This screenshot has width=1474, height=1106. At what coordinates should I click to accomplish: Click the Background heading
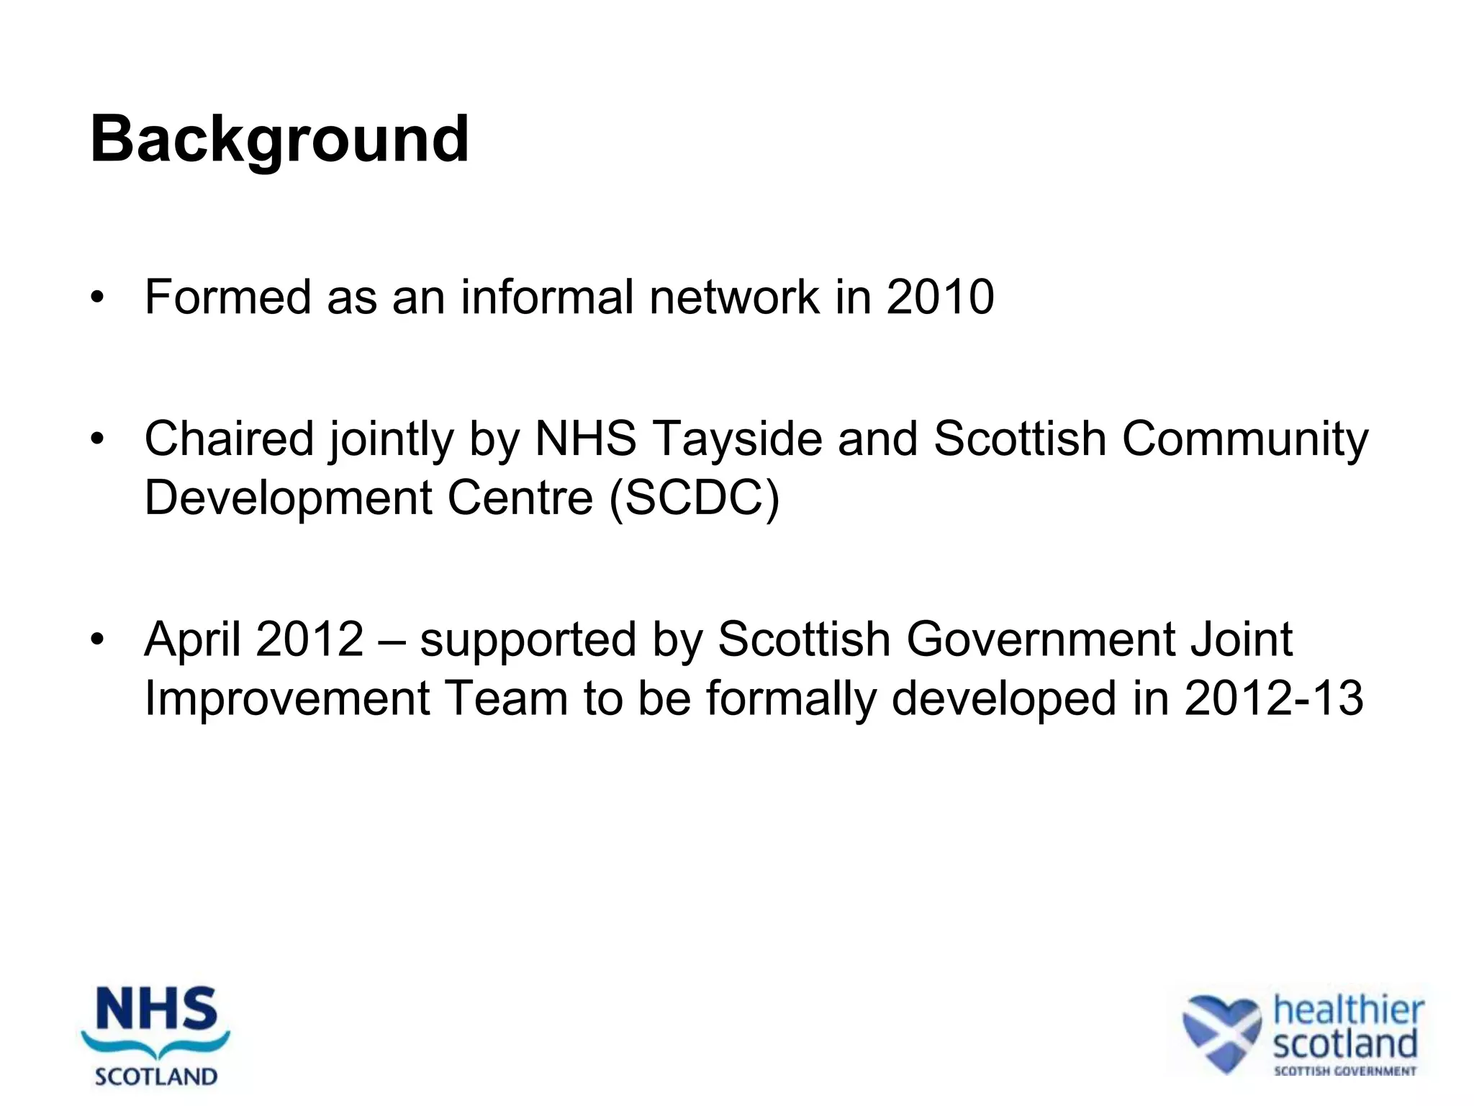tap(279, 140)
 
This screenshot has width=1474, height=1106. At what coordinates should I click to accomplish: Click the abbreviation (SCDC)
tap(694, 498)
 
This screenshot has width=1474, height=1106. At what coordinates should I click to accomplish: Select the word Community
tap(1245, 439)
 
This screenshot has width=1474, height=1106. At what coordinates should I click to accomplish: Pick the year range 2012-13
tap(1273, 698)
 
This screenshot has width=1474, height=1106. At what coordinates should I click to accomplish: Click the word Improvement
tap(286, 698)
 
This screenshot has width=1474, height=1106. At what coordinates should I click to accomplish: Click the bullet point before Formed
tap(98, 297)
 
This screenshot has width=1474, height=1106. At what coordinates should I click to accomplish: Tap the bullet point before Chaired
tap(98, 439)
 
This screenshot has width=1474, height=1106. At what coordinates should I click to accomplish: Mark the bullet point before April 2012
tap(98, 639)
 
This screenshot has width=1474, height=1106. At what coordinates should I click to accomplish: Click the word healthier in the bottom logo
tap(1348, 1010)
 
